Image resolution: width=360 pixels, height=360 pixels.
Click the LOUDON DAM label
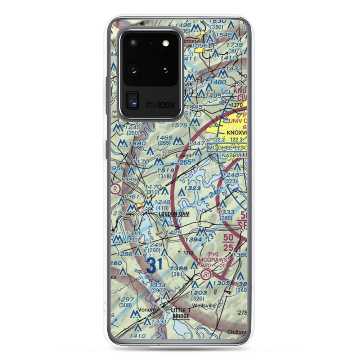click(174, 213)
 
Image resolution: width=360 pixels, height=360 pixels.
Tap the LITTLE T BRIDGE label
click(180, 313)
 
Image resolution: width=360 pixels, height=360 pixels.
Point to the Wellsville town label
click(204, 306)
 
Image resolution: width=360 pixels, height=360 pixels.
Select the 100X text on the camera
click(167, 105)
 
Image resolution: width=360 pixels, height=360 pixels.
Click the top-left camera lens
click(134, 43)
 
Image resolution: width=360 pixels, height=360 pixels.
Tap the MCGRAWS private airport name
click(212, 259)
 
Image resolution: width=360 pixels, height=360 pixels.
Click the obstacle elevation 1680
click(139, 144)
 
